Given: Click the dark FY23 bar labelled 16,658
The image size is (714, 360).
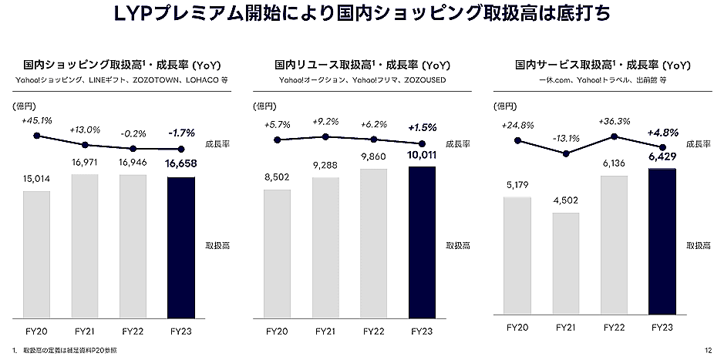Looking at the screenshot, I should pos(181,247).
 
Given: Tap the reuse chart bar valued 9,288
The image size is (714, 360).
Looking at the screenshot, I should pos(325,247).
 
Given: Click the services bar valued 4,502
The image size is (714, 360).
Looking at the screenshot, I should pos(566,264).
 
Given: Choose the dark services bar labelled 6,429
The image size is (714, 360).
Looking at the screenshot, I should pos(662,242).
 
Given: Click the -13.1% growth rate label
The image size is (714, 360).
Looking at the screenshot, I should pos(566,139).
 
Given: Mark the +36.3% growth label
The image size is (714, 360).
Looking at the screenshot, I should pos(615,121).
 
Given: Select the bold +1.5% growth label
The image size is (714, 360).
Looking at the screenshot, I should pos(422,126).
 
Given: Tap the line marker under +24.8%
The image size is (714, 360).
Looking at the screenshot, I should pos(518,141).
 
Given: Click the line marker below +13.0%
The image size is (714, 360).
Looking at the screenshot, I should pos(85,144).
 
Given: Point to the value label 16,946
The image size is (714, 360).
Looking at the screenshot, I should pos(133,164).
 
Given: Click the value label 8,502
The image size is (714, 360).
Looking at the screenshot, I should pos(278,178).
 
